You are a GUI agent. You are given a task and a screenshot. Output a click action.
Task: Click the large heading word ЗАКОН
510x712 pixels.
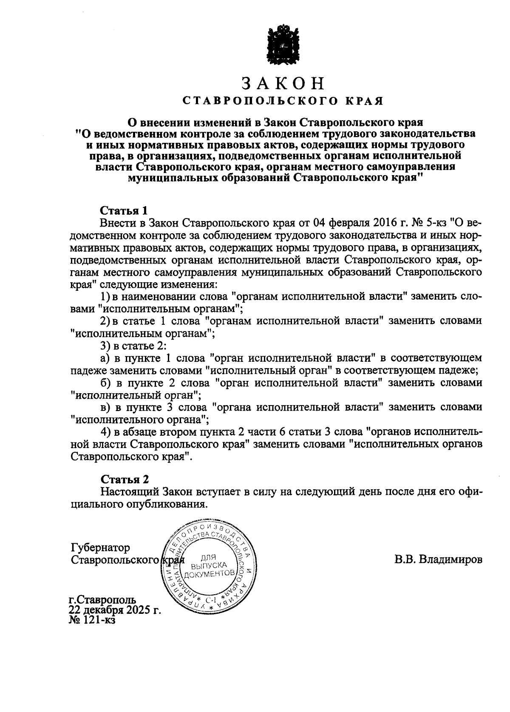pos(283,83)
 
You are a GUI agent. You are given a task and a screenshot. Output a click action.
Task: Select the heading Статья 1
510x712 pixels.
pos(124,210)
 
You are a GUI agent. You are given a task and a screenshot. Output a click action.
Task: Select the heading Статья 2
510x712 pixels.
pos(124,479)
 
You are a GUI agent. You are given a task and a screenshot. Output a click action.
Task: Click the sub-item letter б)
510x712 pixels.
pos(106,383)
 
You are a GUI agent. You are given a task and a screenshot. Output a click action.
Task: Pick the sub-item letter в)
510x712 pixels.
pos(106,407)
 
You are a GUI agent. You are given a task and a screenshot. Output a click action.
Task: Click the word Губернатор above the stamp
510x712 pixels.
pos(101,547)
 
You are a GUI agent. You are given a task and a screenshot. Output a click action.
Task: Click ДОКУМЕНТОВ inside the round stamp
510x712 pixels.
pos(210,574)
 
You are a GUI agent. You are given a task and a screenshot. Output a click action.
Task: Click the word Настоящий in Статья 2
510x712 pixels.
pos(130,492)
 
